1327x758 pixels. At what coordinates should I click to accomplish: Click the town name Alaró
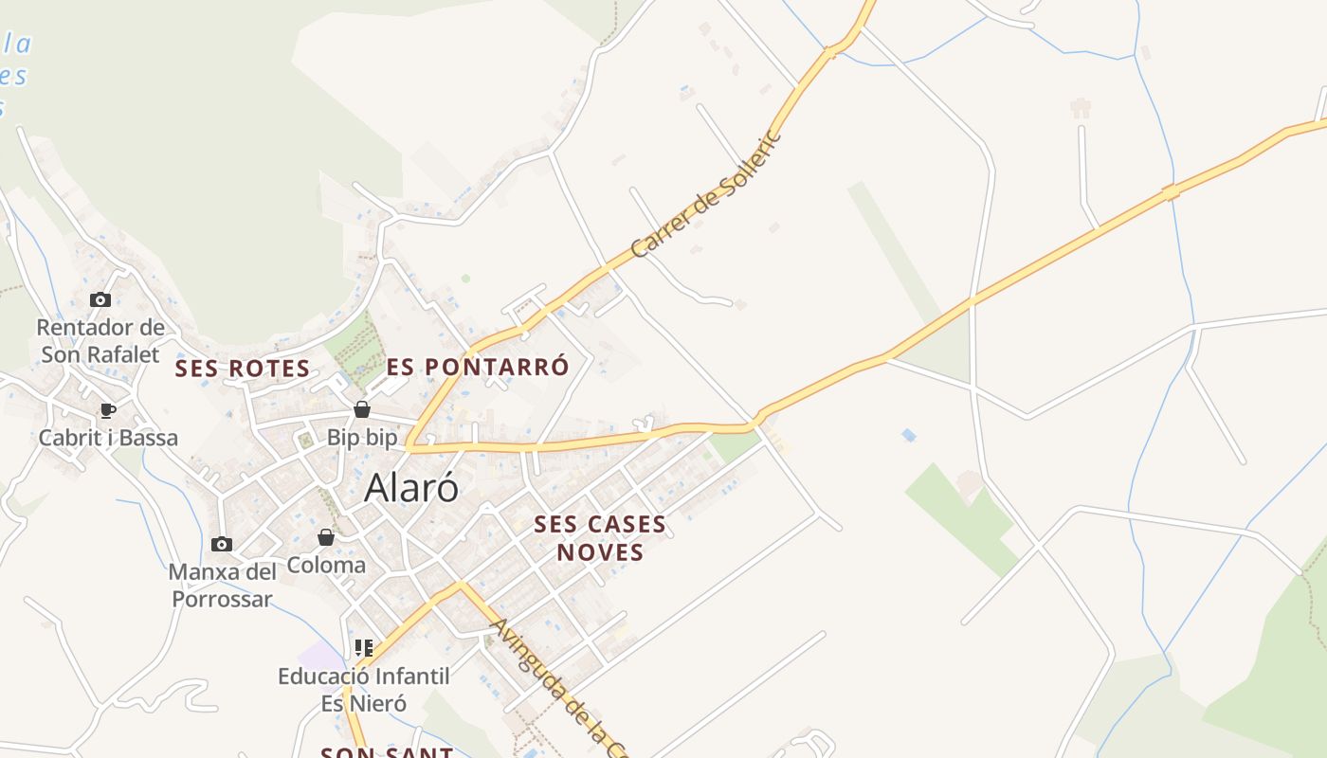point(411,487)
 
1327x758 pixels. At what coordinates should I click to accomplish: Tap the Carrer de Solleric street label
point(707,194)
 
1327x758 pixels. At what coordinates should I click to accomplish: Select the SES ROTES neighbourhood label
point(243,369)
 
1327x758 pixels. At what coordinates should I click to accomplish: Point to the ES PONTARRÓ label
point(478,367)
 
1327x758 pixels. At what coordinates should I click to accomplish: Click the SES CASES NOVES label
point(600,537)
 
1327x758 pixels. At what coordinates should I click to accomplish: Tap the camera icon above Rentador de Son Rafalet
point(100,299)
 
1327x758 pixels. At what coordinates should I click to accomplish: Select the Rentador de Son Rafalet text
point(100,341)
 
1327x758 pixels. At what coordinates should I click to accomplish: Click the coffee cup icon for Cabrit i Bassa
point(108,410)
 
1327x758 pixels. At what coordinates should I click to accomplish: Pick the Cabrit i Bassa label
point(108,438)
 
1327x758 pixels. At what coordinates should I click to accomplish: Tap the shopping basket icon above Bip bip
point(362,409)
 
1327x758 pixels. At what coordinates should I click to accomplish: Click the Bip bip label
point(362,438)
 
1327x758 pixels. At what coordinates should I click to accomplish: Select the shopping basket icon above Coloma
point(326,537)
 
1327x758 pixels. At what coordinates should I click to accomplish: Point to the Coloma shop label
point(326,566)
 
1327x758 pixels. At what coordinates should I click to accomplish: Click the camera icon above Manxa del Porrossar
point(222,544)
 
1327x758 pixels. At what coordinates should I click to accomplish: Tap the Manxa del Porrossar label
point(223,586)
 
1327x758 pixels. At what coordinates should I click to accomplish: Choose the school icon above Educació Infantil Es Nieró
point(364,648)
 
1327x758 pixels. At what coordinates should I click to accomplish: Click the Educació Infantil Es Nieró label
point(364,690)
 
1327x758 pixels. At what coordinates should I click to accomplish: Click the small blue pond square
point(909,435)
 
